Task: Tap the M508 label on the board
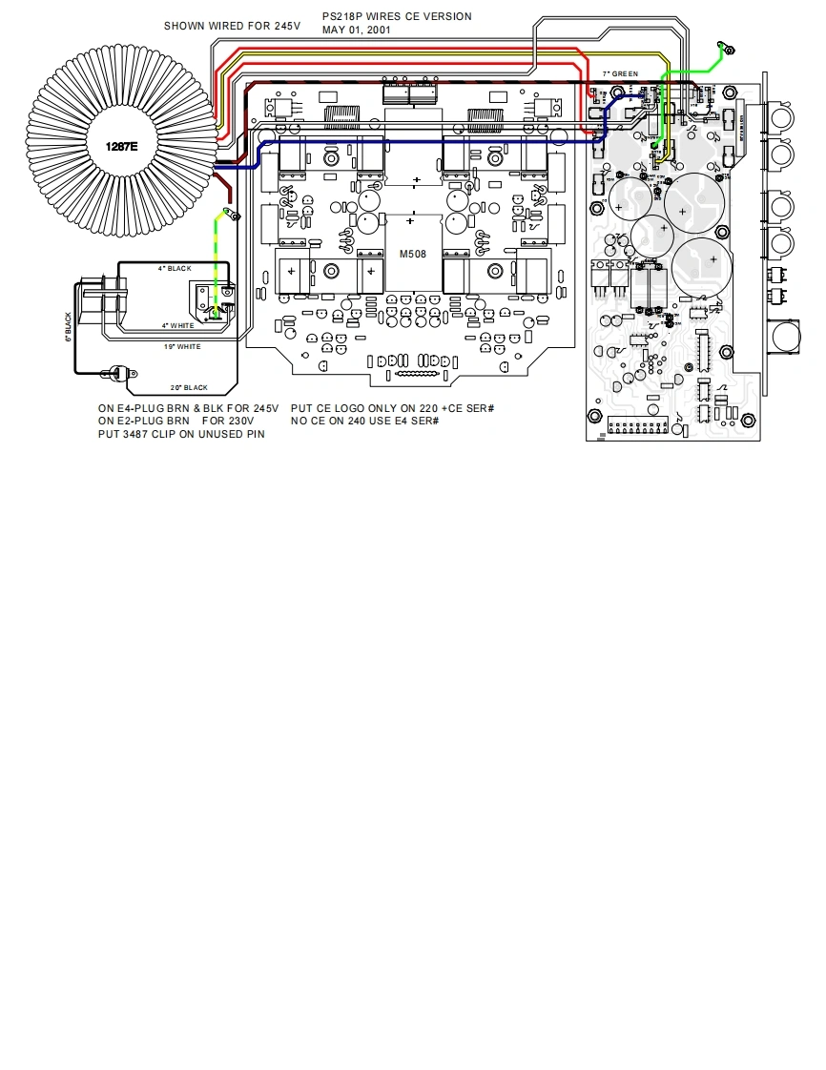[413, 254]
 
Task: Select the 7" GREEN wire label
[620, 73]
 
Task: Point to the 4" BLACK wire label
[175, 269]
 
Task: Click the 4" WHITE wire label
[177, 325]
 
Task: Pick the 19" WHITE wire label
[182, 347]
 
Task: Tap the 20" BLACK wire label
[189, 388]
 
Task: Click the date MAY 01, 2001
[356, 30]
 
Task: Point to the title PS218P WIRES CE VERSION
[397, 16]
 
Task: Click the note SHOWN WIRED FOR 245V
[232, 26]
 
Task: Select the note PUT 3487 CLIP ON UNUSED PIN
[181, 434]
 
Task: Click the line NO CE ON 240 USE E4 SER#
[364, 421]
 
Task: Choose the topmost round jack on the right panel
[781, 119]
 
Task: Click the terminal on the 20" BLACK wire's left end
[119, 372]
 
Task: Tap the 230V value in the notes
[240, 421]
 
